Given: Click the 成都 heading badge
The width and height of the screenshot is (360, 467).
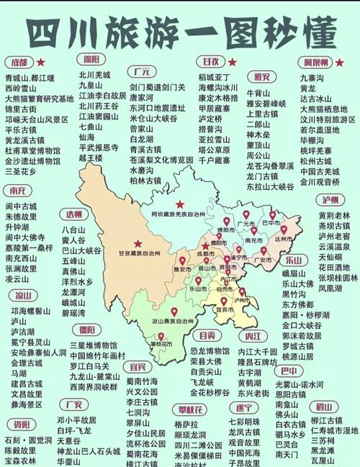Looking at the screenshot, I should [19, 62].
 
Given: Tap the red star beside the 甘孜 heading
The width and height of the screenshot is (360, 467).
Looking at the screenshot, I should [235, 62].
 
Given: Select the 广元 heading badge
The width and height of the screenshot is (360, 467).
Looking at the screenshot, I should [142, 71].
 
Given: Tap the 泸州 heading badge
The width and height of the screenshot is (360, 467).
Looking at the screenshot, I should [331, 200].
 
